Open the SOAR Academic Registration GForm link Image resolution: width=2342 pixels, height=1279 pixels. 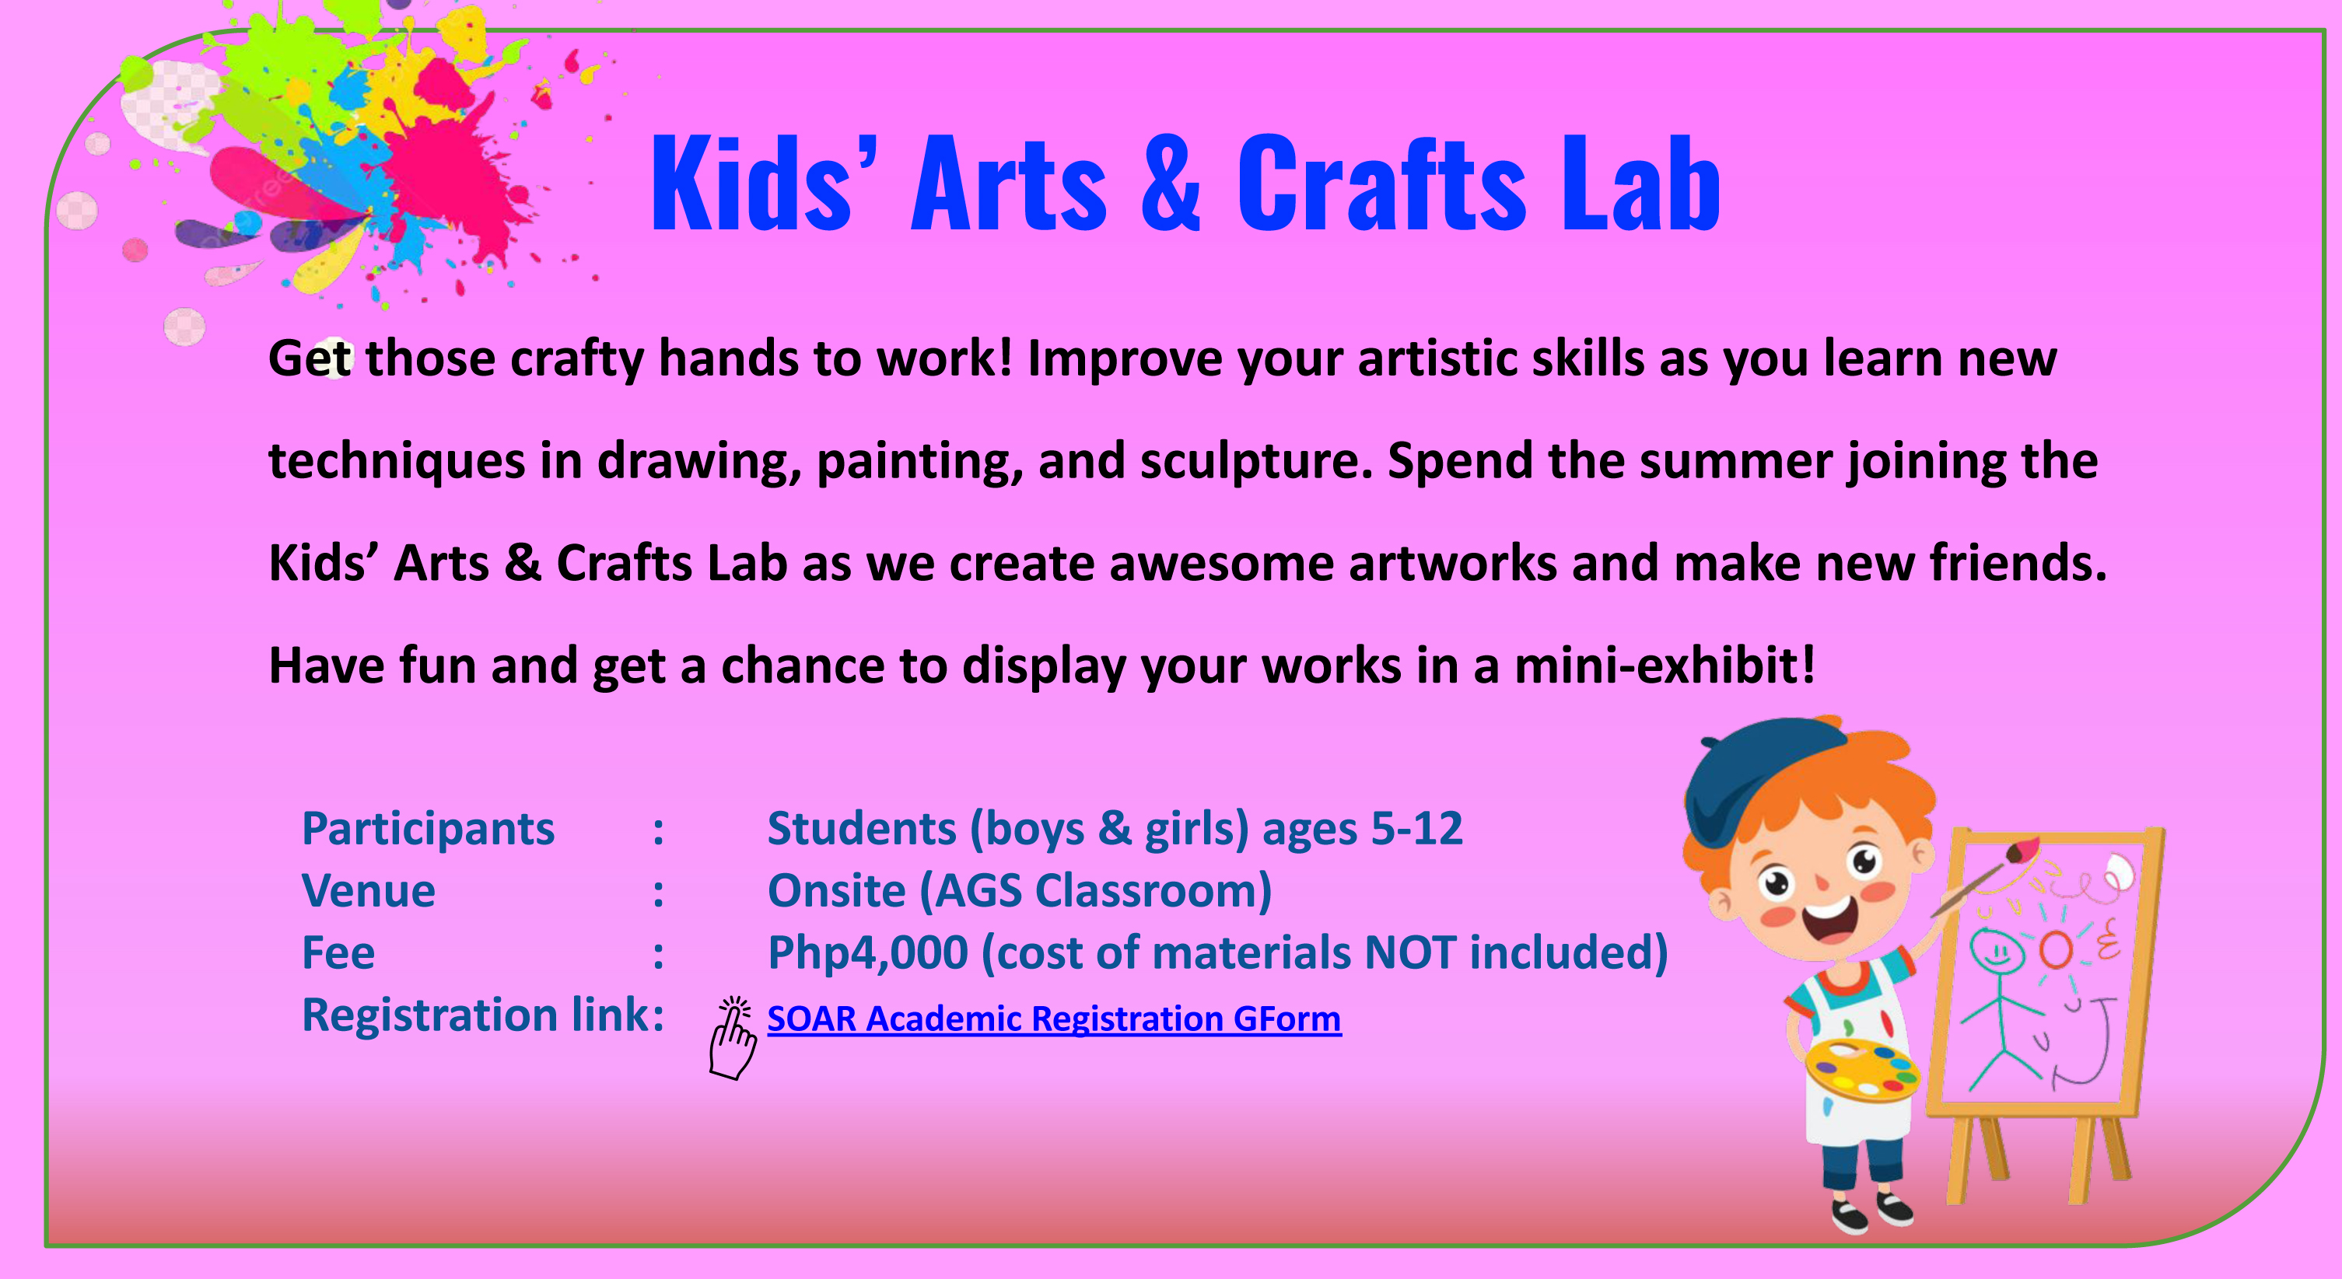pos(1054,1019)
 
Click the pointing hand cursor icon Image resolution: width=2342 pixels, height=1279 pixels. pos(732,1038)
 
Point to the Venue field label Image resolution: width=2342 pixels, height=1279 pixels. pos(368,891)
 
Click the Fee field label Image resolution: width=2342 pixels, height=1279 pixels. pos(338,952)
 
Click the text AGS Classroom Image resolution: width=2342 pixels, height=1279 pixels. pos(1103,891)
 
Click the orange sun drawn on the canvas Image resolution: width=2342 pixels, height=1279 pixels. pos(2056,949)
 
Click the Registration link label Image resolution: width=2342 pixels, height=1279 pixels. pos(483,1015)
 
